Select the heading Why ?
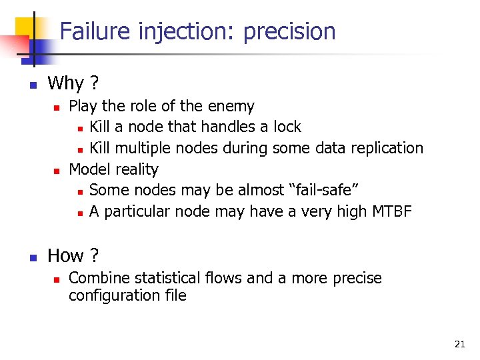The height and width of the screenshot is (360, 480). click(73, 83)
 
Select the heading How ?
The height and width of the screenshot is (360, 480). click(73, 255)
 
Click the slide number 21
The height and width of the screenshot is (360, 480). click(459, 344)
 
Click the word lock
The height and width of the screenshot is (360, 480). click(287, 127)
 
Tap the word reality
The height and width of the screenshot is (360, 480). click(136, 169)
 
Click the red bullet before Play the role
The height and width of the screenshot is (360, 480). click(57, 107)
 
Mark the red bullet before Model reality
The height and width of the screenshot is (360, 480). click(57, 170)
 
